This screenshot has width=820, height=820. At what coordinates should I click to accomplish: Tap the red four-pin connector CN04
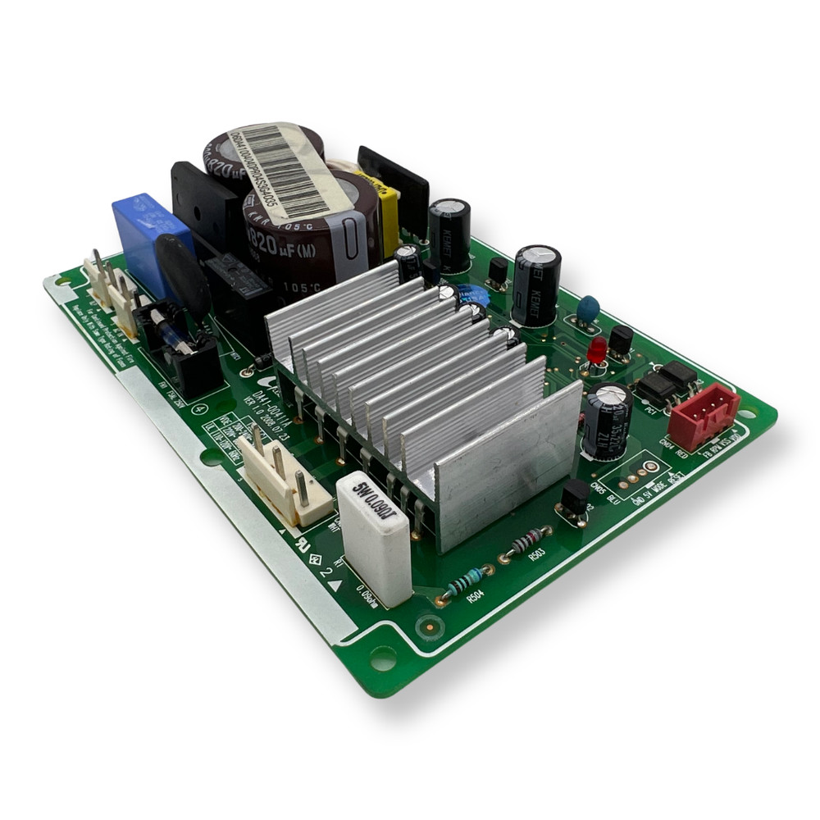(704, 416)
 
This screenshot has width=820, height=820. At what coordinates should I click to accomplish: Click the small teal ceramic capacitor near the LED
(587, 308)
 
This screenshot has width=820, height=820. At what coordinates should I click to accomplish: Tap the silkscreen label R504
(473, 599)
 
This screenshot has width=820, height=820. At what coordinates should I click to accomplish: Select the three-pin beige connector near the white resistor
(284, 481)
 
